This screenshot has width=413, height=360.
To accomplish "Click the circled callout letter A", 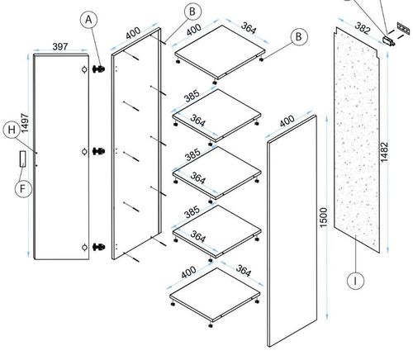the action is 88,20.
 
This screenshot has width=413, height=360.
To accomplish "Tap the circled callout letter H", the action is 12,130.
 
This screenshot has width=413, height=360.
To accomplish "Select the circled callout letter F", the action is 23,189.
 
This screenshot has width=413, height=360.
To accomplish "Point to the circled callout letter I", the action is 355,281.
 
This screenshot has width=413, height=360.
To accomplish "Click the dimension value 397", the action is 60,46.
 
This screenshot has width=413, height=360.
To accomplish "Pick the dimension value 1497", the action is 25,123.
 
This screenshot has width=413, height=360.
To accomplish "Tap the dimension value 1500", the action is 323,217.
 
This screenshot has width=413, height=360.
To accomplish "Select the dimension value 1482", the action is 384,152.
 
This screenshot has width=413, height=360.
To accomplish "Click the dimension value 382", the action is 363,28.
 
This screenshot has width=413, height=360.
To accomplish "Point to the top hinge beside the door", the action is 98,69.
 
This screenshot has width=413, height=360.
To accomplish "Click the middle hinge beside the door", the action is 98,151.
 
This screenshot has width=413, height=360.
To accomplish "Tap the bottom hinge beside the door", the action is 98,247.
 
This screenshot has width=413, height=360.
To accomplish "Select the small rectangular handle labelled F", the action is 22,159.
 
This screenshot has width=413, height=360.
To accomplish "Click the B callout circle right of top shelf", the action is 298,36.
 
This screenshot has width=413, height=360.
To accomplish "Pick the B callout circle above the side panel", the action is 192,12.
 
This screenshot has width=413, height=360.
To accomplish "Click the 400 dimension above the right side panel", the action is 287,121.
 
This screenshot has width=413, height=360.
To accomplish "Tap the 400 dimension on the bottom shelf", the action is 188,272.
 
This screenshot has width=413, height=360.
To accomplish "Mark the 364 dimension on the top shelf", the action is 249,28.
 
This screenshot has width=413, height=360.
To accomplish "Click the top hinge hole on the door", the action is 84,69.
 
